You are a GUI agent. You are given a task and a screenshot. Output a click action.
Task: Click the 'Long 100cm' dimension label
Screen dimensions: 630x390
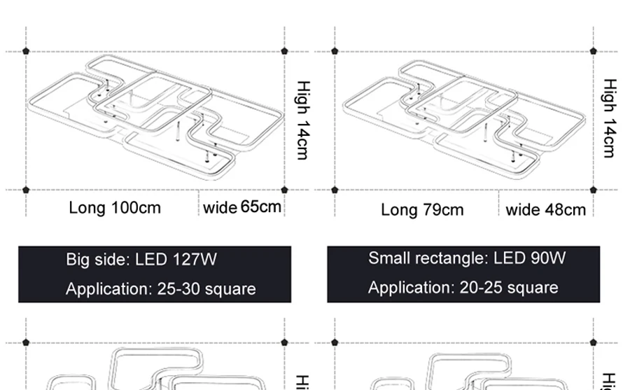point(115,208)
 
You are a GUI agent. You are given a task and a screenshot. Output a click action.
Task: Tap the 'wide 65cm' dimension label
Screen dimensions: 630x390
point(242,207)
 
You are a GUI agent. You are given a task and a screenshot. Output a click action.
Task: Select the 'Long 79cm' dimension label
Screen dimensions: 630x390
point(422,210)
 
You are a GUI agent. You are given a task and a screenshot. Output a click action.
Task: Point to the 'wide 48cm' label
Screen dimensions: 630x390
point(545,210)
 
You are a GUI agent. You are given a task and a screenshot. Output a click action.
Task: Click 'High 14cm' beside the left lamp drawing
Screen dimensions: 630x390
point(302,120)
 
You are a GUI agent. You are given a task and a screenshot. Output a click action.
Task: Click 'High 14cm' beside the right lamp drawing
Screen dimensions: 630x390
point(610,118)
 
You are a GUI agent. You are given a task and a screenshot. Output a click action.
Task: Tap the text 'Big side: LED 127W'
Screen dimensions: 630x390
point(141,260)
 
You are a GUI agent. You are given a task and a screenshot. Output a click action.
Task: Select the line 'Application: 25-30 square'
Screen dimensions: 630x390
point(160,289)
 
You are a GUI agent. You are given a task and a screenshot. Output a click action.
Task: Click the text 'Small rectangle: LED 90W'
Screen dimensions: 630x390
point(467,258)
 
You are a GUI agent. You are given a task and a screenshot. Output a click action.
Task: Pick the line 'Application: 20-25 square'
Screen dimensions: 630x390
point(463,288)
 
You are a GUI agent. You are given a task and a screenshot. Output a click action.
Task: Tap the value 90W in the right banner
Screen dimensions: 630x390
point(547,258)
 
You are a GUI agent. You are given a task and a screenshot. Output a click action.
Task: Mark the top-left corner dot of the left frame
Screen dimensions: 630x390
point(26,51)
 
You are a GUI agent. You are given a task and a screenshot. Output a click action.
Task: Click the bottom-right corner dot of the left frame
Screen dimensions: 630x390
point(284,190)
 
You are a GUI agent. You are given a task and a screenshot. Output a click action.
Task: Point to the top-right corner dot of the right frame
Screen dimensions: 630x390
point(594,51)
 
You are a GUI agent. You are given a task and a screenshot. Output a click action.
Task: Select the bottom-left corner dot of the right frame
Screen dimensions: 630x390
point(335,190)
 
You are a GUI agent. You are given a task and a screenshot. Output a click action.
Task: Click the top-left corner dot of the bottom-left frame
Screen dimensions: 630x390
point(26,342)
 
